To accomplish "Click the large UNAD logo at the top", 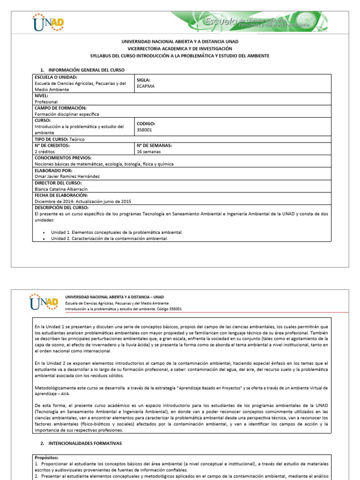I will tap(48, 22).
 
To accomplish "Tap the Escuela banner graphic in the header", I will tap(248, 22).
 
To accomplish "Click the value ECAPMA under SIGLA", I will tap(146, 86).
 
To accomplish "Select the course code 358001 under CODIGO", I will tap(144, 130).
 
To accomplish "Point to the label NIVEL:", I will tap(41, 95).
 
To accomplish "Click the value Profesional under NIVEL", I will tap(46, 101).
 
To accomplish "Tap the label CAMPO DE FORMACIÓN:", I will tap(60, 108).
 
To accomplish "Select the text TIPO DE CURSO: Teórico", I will tap(60, 139).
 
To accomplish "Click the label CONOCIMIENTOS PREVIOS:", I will tap(63, 158).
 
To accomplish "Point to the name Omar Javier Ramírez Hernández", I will tap(67, 176).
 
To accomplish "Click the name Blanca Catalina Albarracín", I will tap(61, 189).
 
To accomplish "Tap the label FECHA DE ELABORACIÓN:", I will tap(61, 195).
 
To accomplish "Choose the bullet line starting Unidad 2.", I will tap(109, 238).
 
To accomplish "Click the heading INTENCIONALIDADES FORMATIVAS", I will tap(84, 442).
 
